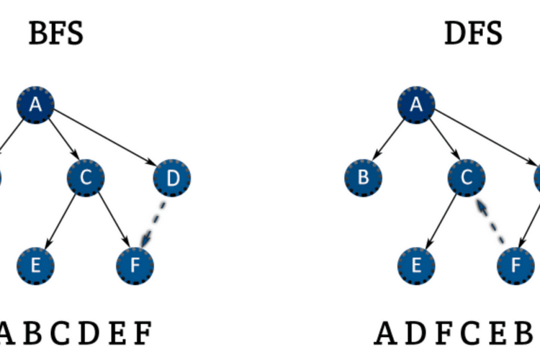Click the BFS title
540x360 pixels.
[x=56, y=34]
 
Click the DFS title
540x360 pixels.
[x=473, y=34]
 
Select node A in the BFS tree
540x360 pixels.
[x=35, y=105]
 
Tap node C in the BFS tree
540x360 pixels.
[x=86, y=178]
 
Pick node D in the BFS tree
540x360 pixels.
[x=172, y=178]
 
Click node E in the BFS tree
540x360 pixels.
[x=35, y=266]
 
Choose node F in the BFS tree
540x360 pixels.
[x=135, y=266]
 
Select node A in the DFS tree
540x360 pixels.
[x=416, y=105]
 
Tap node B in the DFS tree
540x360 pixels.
[x=363, y=178]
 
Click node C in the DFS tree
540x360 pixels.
[x=466, y=178]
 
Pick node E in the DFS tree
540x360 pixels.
[x=416, y=266]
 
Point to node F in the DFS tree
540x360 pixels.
[x=516, y=266]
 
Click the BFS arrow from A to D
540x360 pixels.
[x=106, y=138]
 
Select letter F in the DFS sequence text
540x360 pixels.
[x=442, y=333]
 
